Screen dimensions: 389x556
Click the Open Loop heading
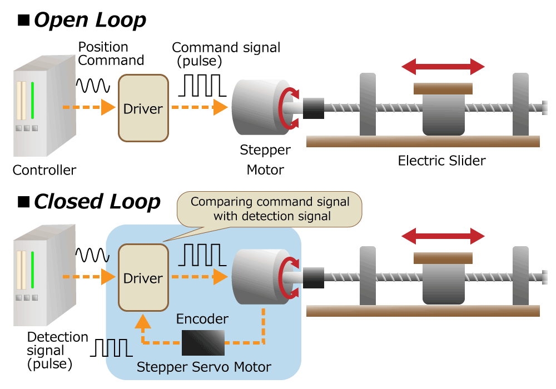[89, 20]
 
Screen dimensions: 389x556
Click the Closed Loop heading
[97, 201]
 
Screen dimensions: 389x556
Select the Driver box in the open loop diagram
[143, 108]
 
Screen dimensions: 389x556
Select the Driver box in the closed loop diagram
[143, 278]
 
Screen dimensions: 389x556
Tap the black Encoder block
[203, 342]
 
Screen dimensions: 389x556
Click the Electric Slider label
[441, 161]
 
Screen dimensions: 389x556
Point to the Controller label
[44, 170]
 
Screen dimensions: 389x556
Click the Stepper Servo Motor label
[203, 367]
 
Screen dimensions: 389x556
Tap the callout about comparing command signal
[270, 208]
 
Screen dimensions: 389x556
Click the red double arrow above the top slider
[443, 67]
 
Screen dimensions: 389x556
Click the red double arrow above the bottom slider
[443, 236]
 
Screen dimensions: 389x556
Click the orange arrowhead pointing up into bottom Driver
[143, 322]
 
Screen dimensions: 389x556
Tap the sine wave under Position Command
[93, 85]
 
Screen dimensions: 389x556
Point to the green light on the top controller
[33, 100]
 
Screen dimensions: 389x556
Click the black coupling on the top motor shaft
[313, 108]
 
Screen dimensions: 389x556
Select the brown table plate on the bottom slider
[443, 258]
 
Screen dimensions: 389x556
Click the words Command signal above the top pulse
[226, 48]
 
